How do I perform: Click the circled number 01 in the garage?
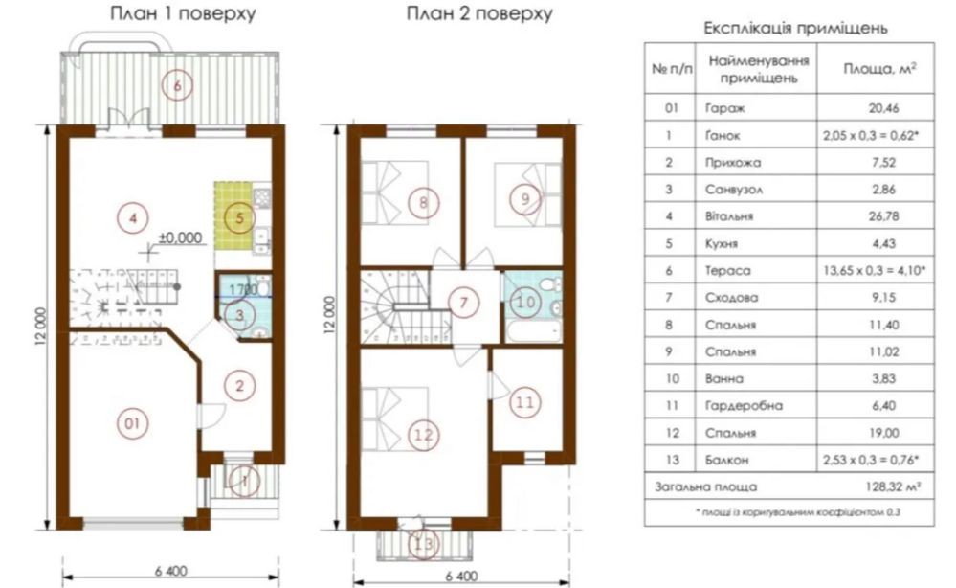132,423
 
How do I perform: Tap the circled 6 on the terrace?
177,85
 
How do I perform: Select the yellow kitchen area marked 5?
233,215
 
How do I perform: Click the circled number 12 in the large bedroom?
423,435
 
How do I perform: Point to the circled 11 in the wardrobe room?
525,402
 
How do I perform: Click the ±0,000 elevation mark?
180,237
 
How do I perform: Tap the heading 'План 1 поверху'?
182,14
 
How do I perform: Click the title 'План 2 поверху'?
479,14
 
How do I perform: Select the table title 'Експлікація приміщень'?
795,28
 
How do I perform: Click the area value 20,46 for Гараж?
883,108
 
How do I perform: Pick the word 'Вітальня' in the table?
729,216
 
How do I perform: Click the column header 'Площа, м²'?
879,69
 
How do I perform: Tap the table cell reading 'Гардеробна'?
744,406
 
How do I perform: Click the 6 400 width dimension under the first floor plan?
170,571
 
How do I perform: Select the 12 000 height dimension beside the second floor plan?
330,315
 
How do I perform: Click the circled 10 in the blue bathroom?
525,302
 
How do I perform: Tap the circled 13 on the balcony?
423,543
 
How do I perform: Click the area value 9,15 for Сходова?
883,298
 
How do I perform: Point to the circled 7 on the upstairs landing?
464,303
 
